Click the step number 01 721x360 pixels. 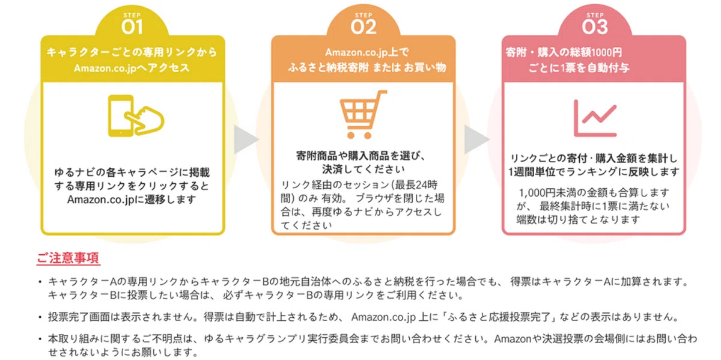coord(132,26)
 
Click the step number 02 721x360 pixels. coord(364,26)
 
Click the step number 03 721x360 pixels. coord(595,26)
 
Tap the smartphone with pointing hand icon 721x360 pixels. coord(136,116)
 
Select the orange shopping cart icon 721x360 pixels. coord(363,114)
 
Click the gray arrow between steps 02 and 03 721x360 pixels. coord(477,139)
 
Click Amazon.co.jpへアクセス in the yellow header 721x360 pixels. coord(132,68)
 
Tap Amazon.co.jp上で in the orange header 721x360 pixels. coord(367,52)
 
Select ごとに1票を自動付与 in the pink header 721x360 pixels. coord(579,68)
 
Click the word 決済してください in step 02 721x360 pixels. coord(364,169)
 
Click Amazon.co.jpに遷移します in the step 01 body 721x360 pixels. coord(132,200)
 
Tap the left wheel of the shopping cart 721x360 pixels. coord(351,136)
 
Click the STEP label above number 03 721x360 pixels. coord(595,15)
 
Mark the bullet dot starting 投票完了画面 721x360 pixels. coord(40,317)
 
